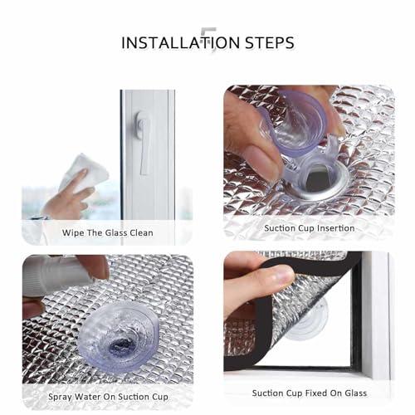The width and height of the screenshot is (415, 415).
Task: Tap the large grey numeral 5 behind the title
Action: pyautogui.click(x=208, y=41)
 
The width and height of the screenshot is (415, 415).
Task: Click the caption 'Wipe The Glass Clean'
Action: pyautogui.click(x=107, y=232)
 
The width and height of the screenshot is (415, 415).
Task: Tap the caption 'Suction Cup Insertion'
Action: pyautogui.click(x=309, y=227)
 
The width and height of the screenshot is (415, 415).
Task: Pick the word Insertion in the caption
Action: pyautogui.click(x=334, y=227)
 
